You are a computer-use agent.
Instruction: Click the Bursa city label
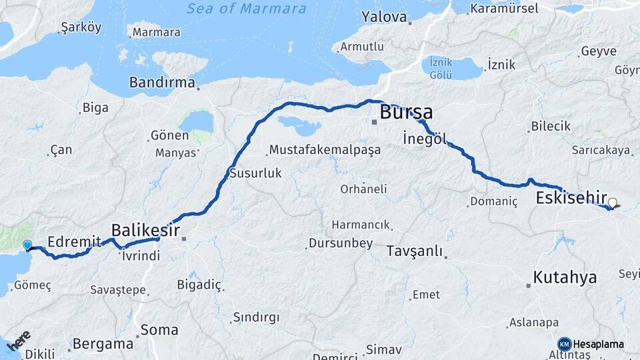pyautogui.click(x=406, y=111)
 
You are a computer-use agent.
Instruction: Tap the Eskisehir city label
pyautogui.click(x=571, y=198)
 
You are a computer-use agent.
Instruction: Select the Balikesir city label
pyautogui.click(x=145, y=230)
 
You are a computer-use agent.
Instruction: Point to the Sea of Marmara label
pyautogui.click(x=247, y=9)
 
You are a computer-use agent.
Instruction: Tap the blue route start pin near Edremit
pyautogui.click(x=27, y=245)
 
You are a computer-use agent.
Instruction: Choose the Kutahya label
pyautogui.click(x=565, y=278)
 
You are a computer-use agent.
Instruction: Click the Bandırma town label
pyautogui.click(x=163, y=83)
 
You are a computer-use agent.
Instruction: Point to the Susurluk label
pyautogui.click(x=255, y=173)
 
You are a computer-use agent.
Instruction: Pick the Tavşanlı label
pyautogui.click(x=413, y=251)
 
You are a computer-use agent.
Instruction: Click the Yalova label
pyautogui.click(x=384, y=16)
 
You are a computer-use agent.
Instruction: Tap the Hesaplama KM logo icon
pyautogui.click(x=564, y=344)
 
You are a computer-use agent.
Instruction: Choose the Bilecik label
pyautogui.click(x=551, y=126)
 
